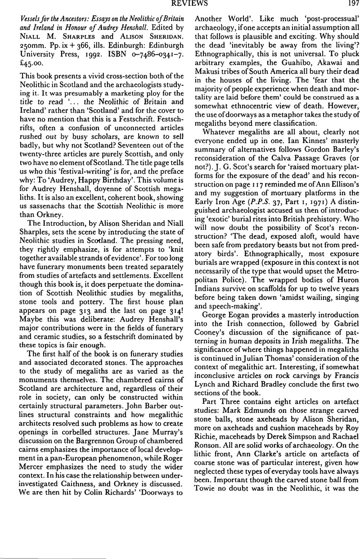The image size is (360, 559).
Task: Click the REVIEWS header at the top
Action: pos(180,4)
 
